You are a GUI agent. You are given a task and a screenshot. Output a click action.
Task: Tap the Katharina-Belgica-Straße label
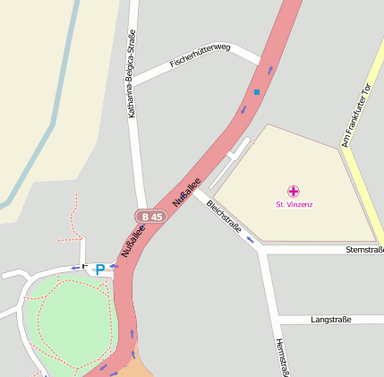132,85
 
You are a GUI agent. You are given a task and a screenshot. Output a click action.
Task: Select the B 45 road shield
149,216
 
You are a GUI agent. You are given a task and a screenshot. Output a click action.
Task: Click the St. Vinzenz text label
294,204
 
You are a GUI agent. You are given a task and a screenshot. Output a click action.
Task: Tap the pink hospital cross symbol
294,191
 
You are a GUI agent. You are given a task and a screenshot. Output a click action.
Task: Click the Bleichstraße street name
224,216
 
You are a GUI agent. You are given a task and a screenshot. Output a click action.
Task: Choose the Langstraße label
330,319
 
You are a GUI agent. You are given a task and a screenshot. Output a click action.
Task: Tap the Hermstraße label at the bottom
280,358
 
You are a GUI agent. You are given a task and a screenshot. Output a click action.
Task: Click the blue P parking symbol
100,268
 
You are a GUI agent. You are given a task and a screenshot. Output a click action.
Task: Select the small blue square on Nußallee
257,91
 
